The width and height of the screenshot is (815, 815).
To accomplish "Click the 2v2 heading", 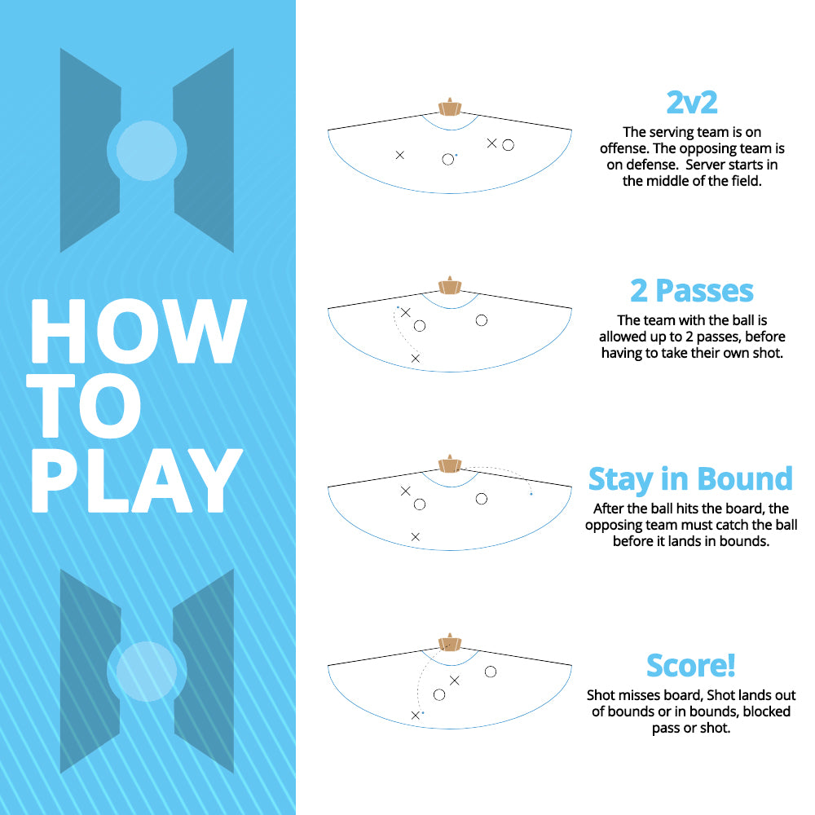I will (691, 103).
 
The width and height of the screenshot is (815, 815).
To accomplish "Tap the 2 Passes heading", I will (691, 290).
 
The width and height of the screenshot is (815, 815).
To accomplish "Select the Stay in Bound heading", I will (690, 478).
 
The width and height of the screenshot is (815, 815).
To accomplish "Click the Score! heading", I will (691, 665).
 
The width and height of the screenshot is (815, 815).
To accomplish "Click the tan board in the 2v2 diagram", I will (449, 108).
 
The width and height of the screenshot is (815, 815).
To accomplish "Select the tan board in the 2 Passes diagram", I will (449, 286).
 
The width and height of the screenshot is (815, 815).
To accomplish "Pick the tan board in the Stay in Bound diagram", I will (449, 465).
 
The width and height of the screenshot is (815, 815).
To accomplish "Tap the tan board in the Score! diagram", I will (449, 643).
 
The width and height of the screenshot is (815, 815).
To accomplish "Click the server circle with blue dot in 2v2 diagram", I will (447, 159).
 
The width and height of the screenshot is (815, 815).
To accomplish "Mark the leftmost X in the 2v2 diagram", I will (399, 155).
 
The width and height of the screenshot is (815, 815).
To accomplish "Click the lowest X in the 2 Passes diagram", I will (415, 359).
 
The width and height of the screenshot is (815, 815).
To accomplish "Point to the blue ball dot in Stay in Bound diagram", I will (531, 494).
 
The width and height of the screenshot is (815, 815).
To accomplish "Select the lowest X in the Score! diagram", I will (416, 715).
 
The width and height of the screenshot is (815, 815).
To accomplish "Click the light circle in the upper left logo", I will (147, 151).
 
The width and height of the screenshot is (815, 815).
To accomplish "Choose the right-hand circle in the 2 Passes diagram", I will (482, 320).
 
